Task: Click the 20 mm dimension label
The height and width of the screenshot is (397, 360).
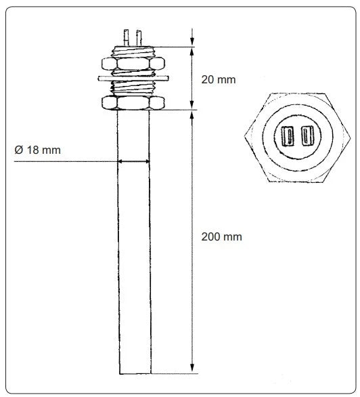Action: [219, 79]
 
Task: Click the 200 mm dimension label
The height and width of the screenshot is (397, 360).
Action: [221, 237]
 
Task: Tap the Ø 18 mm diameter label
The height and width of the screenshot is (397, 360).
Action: [37, 150]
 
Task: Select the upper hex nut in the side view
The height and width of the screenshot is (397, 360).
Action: [133, 65]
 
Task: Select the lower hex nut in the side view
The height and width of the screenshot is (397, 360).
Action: [133, 104]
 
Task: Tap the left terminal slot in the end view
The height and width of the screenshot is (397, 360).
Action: [287, 137]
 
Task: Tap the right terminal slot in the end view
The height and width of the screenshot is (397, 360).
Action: [309, 137]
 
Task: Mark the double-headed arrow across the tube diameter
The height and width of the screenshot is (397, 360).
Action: [133, 161]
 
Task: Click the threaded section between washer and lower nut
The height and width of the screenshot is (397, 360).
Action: [133, 89]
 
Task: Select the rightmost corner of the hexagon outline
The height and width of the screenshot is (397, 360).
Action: [347, 137]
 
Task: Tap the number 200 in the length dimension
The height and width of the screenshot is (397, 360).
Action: [211, 237]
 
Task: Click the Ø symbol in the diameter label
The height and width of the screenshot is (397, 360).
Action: [18, 150]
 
